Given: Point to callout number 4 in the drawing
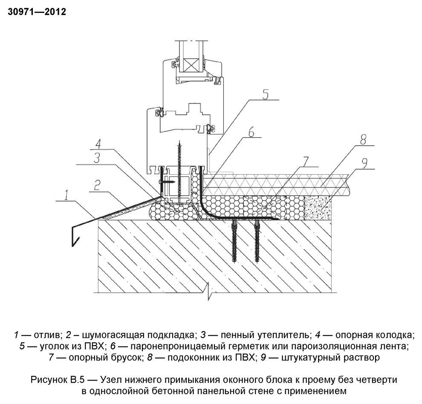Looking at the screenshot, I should click(98, 143).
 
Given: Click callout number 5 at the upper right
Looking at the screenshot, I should click(265, 95).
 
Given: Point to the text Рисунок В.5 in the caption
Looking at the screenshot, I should click(55, 379).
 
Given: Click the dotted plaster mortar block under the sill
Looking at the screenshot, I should click(319, 208).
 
